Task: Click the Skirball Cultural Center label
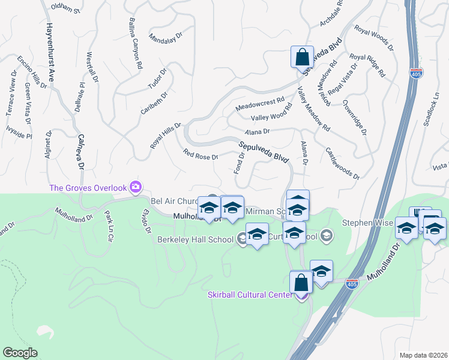coord(251,294)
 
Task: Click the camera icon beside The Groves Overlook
coord(136,187)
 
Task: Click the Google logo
coord(20,352)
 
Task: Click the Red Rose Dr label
coord(200,154)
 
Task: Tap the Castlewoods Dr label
coord(341,164)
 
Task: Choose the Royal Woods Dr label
coord(373,37)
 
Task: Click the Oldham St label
coord(65,8)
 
